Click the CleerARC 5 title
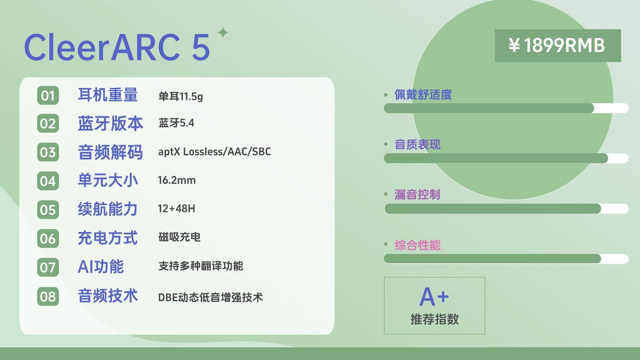click(x=117, y=47)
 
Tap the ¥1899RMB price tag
click(x=558, y=46)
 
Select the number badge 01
click(x=48, y=96)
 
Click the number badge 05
click(x=48, y=210)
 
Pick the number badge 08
click(x=48, y=296)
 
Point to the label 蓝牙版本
click(x=110, y=123)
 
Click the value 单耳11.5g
click(x=181, y=96)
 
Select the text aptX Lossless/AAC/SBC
click(x=215, y=152)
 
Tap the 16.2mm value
click(x=177, y=180)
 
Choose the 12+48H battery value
click(x=176, y=209)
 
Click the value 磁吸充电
click(x=179, y=237)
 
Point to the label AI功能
click(x=101, y=267)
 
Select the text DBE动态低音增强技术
click(x=210, y=297)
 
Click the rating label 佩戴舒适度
click(x=423, y=95)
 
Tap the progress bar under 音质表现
click(x=506, y=158)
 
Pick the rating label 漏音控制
click(x=417, y=194)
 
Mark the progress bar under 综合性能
click(x=506, y=259)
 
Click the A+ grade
click(x=434, y=297)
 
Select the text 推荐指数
click(x=435, y=319)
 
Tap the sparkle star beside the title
click(x=223, y=33)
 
